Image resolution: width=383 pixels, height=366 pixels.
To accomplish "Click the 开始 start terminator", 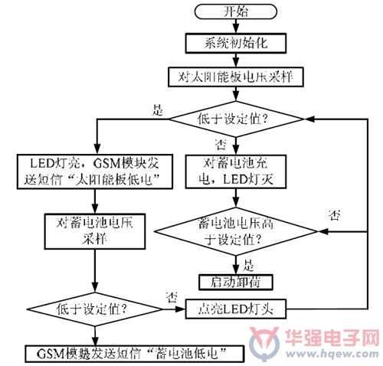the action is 236,11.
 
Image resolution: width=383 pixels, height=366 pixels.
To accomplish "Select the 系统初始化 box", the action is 236,43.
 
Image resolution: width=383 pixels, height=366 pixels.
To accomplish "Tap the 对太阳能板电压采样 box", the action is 236,77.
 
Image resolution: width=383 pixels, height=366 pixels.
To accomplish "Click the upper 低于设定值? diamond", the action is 236,119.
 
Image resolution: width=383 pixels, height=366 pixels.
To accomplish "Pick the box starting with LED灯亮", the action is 95,172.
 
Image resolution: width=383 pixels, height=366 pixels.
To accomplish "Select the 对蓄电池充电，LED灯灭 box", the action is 236,172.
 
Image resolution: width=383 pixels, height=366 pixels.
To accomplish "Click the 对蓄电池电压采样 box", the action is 95,231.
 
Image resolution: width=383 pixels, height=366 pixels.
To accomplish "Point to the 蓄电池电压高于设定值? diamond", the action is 236,231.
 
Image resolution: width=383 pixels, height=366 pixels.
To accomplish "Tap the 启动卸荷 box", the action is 236,283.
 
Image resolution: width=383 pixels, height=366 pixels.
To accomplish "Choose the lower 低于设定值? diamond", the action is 95,309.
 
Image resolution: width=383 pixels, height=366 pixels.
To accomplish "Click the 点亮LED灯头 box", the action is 236,309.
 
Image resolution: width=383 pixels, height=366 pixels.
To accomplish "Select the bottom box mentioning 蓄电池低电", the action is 134,354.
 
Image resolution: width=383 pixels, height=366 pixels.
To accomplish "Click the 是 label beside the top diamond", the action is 157,110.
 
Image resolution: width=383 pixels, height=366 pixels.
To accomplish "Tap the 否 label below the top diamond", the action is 221,145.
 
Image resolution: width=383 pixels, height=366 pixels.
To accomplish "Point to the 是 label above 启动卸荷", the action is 248,266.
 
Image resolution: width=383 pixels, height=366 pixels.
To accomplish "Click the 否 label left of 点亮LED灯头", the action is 172,297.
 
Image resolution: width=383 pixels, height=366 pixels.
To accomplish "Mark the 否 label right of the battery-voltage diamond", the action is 334,215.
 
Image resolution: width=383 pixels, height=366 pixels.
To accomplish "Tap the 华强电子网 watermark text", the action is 332,338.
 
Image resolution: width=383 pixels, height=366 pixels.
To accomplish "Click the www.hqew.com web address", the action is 332,354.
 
